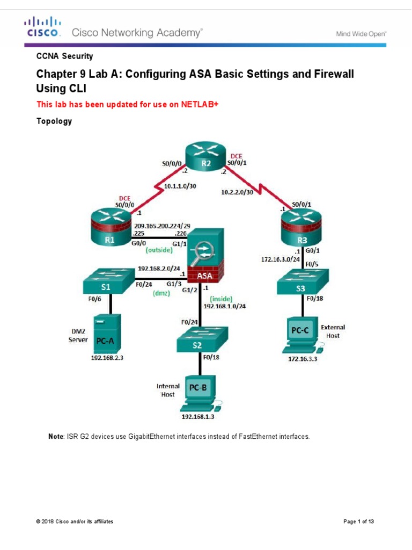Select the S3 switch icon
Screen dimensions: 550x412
pos(300,283)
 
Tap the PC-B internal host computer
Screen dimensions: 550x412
pos(200,392)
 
